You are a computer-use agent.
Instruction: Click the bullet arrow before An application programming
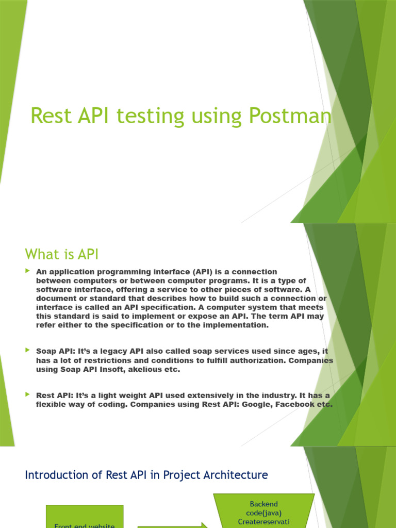tap(28, 271)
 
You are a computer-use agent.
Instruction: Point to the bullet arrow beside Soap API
tap(28, 350)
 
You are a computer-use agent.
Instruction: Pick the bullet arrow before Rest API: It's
tap(28, 394)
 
